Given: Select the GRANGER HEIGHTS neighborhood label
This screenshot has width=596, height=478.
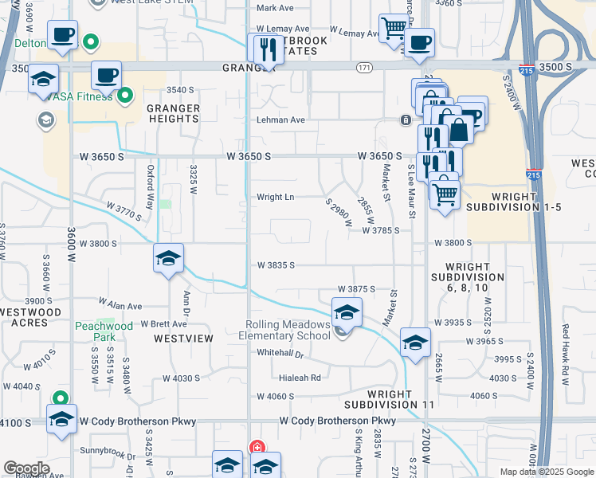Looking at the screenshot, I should coord(173,112).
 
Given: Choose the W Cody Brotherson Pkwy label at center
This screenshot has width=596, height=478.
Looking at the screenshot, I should coord(337,421).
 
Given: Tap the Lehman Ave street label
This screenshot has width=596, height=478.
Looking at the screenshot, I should coord(280,120).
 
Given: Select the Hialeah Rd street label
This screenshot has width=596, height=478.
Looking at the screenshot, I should coord(300,378).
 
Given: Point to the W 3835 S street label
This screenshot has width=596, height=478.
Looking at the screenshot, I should coord(276,264).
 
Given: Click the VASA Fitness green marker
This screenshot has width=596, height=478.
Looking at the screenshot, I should coord(125,98).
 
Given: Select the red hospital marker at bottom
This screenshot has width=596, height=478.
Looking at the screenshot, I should coord(257,448).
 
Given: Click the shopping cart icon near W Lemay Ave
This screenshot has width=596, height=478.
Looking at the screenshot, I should coord(392,28).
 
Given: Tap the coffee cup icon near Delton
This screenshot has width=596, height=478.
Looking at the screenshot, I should coord(62,35).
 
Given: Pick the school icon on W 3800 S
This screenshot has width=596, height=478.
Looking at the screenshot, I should coord(168,258).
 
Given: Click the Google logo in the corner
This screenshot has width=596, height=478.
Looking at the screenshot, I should coord(26,468).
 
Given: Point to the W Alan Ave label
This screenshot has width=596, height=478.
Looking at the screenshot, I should coord(120,305).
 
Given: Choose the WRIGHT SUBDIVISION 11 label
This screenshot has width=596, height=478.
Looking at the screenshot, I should coord(401,399).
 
